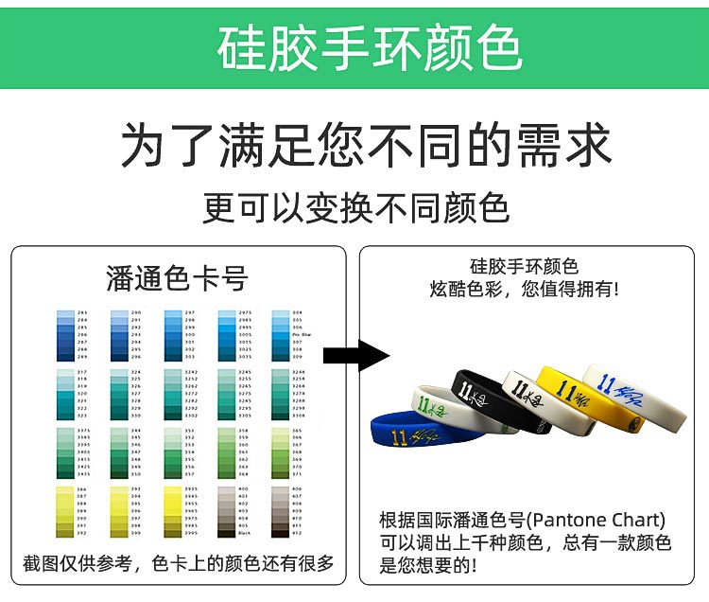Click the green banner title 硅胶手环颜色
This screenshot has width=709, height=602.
click(x=370, y=47)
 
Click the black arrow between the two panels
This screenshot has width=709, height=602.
click(x=355, y=356)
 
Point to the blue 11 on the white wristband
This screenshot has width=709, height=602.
click(x=609, y=382)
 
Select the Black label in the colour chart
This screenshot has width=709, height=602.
click(x=244, y=533)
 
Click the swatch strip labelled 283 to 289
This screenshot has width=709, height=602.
click(x=63, y=335)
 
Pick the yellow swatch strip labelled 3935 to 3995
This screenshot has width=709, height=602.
click(x=173, y=512)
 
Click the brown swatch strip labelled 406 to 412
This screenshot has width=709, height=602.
click(x=280, y=512)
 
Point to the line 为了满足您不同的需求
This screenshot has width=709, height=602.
click(x=367, y=146)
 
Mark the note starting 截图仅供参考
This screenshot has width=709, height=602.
click(x=179, y=564)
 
